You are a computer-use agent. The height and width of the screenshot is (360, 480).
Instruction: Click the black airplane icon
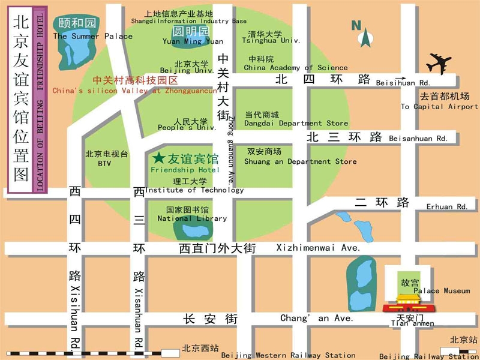pyautogui.click(x=439, y=64)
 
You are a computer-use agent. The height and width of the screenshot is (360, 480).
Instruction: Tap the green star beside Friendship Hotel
pyautogui.click(x=158, y=158)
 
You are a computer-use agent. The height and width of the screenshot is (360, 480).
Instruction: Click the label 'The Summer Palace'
pyautogui.click(x=92, y=37)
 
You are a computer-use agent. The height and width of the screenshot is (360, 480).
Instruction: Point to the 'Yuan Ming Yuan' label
pyautogui.click(x=193, y=42)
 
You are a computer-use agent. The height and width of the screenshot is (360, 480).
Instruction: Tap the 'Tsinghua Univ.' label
pyautogui.click(x=270, y=41)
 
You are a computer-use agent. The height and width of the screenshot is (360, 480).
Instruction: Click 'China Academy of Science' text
pyautogui.click(x=296, y=68)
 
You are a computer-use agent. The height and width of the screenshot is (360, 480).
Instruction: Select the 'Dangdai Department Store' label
pyautogui.click(x=296, y=124)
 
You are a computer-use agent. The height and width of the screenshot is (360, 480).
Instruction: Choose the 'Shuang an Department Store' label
pyautogui.click(x=300, y=162)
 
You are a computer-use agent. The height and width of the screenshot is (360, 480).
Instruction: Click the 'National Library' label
pyautogui.click(x=192, y=219)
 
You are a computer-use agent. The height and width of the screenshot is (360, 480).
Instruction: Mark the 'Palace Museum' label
pyautogui.click(x=442, y=291)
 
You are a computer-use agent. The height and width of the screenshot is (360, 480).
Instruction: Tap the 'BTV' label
pyautogui.click(x=104, y=164)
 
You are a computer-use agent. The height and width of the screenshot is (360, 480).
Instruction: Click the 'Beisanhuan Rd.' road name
pyautogui.click(x=418, y=139)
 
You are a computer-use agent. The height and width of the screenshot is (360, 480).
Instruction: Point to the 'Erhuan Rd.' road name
pyautogui.click(x=447, y=207)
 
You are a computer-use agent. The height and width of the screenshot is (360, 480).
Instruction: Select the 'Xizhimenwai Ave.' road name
pyautogui.click(x=318, y=248)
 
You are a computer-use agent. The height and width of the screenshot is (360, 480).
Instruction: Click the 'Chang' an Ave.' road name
pyautogui.click(x=317, y=319)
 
